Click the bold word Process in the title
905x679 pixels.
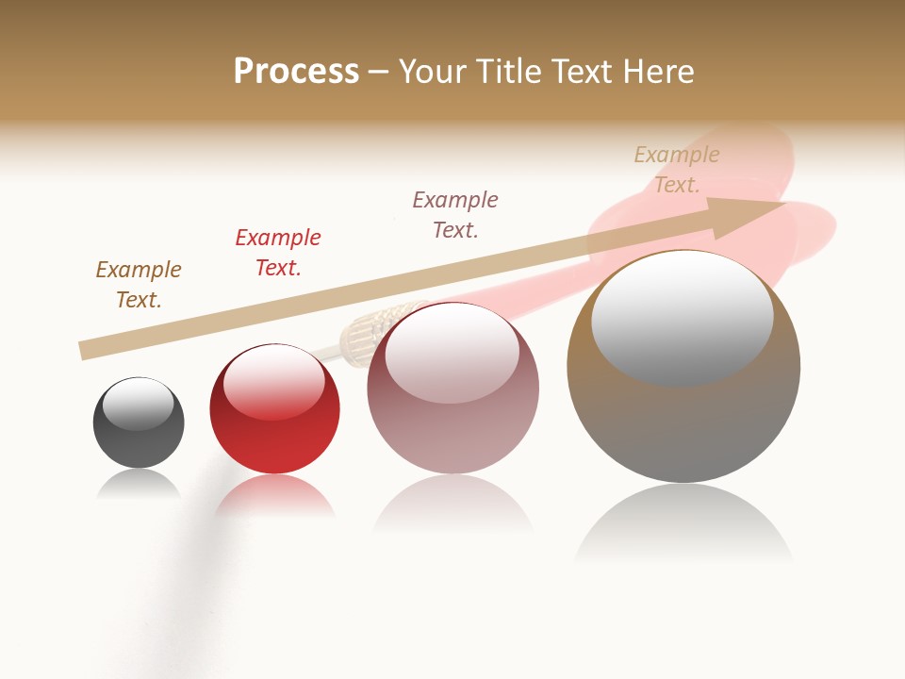(296, 72)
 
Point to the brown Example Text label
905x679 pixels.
(139, 285)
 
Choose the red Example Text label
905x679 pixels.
(278, 253)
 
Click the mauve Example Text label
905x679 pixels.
(455, 215)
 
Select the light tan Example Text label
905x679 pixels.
(677, 170)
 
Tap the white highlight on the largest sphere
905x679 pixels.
(682, 317)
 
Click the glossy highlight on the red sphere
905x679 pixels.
(274, 381)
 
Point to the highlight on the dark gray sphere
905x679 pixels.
(138, 404)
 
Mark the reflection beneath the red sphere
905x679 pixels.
(274, 496)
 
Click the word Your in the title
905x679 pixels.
(431, 72)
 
